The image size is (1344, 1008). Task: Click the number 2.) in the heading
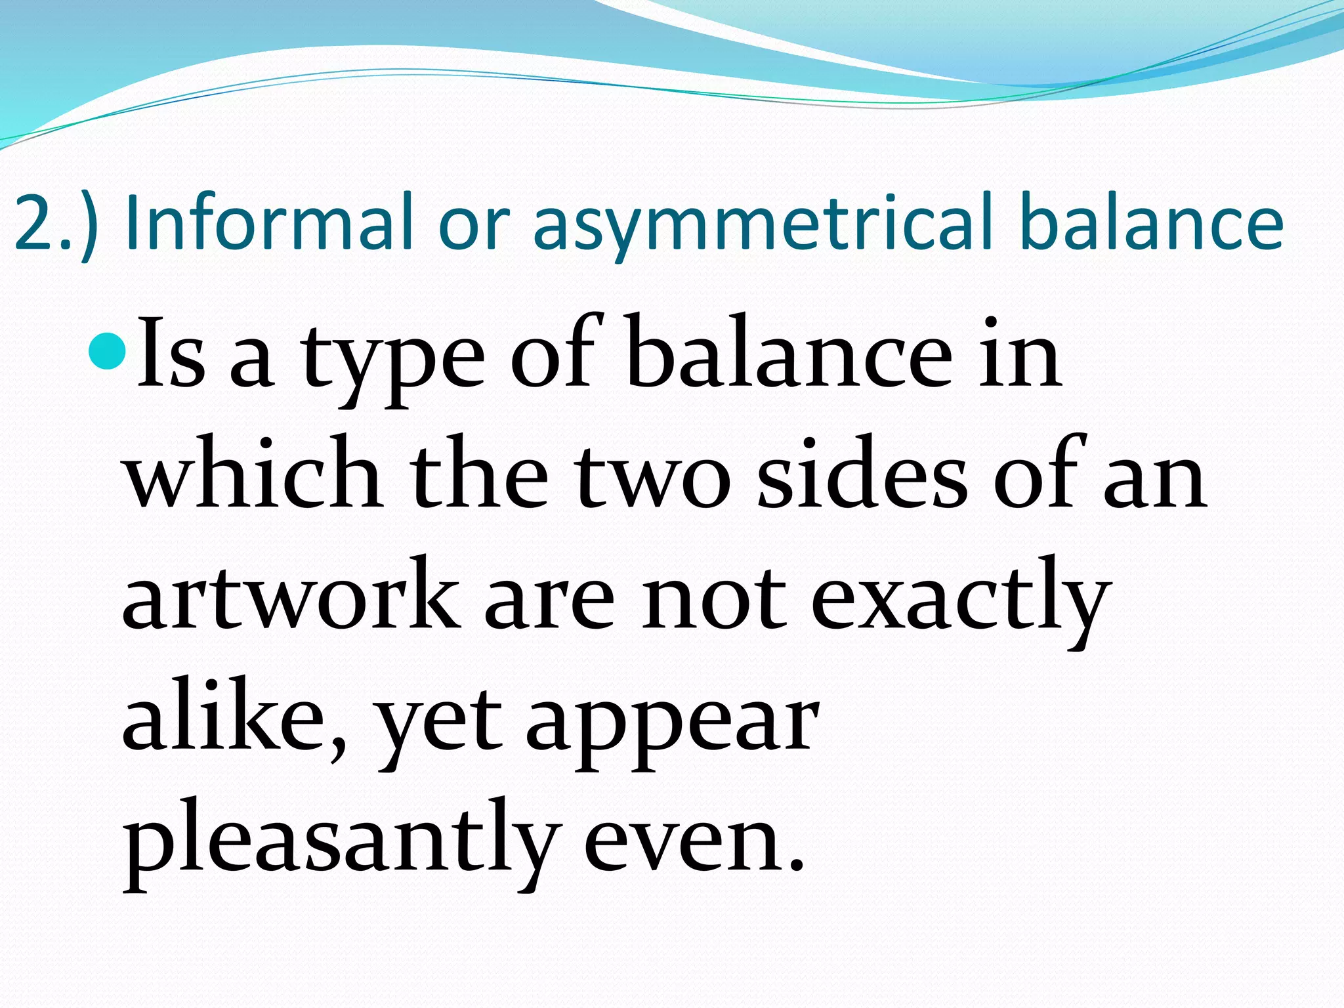56,223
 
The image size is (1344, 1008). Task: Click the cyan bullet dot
105,351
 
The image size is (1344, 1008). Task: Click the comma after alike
337,748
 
